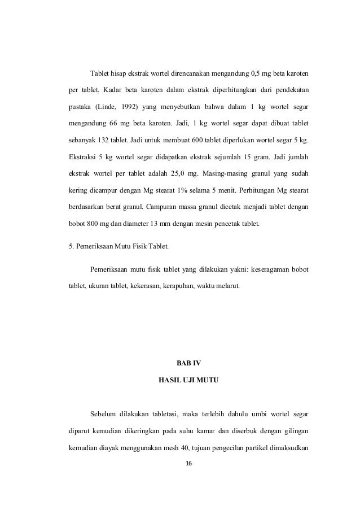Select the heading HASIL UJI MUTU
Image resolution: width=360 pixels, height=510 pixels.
pos(188,382)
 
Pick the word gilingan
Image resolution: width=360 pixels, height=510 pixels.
pos(294,433)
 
